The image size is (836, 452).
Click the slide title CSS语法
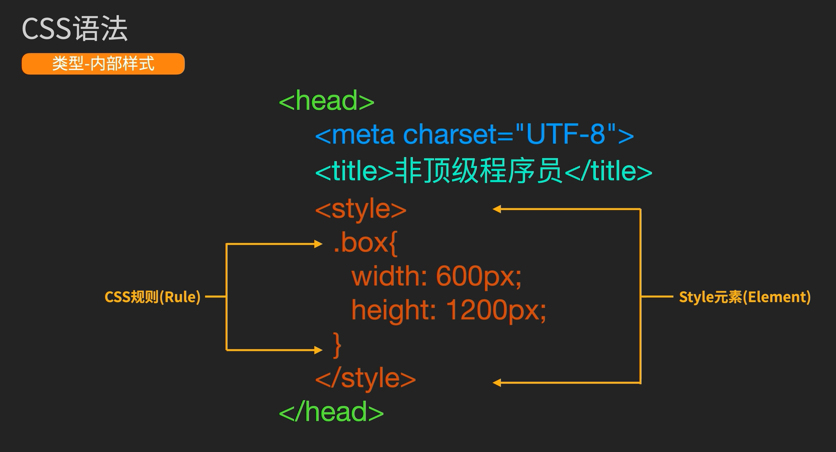click(x=74, y=29)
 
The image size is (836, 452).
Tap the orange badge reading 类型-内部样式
click(x=103, y=64)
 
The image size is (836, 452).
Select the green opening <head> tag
click(x=327, y=101)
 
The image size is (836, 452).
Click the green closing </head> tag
click(x=331, y=412)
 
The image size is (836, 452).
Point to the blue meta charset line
click(x=474, y=135)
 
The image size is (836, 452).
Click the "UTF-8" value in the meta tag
click(x=566, y=134)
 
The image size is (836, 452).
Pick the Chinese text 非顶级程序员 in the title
click(x=478, y=171)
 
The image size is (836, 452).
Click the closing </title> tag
click(x=608, y=171)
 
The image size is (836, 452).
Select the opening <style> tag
click(x=361, y=209)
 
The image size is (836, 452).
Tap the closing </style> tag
click(x=365, y=378)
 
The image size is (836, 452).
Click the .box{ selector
click(x=366, y=243)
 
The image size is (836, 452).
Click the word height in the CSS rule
click(x=393, y=309)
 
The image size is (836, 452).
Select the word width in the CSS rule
click(x=389, y=276)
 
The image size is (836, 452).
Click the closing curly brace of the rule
click(x=337, y=345)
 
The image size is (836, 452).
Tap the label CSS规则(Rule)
click(x=152, y=297)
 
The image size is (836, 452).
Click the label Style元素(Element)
click(x=744, y=297)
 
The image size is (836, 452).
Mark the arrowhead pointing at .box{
click(x=318, y=244)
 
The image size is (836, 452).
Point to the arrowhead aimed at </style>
click(x=497, y=383)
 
